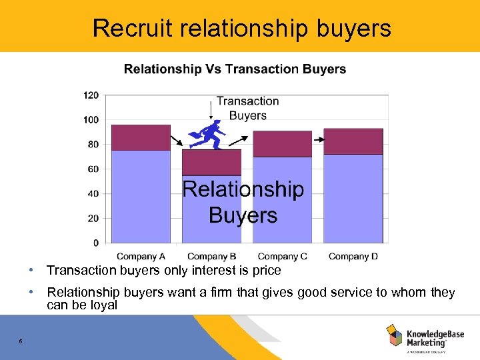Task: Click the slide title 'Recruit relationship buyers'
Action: coord(241,28)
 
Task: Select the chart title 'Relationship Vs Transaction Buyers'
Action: coord(235,69)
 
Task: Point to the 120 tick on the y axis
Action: coord(91,95)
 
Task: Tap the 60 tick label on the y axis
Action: coord(93,169)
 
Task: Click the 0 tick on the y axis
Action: coord(95,243)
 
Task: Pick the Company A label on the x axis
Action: coord(141,257)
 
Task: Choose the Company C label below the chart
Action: coord(282,257)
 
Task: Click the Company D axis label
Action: coord(353,257)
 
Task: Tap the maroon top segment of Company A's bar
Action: coord(141,137)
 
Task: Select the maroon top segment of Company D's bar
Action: coord(353,141)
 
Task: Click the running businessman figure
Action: coord(208,137)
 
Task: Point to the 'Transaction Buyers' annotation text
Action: coord(247,108)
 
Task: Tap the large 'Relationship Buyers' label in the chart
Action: coord(243,202)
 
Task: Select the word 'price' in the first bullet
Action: coord(267,271)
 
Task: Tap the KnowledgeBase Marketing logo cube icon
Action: coord(394,335)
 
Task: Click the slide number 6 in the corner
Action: coord(21,341)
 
